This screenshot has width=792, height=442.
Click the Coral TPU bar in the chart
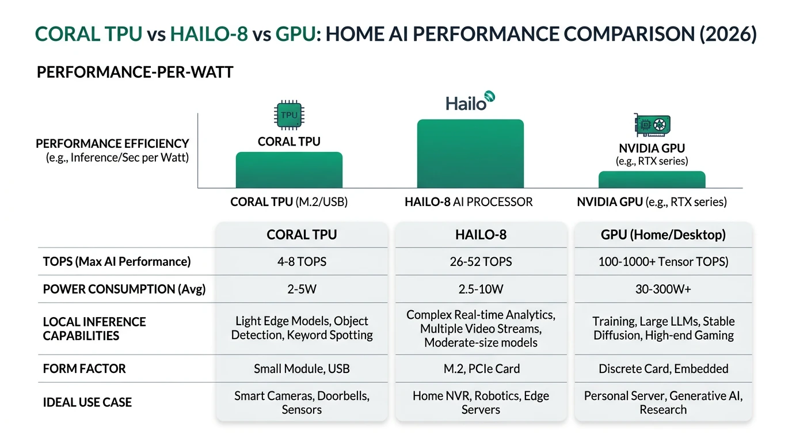click(x=289, y=170)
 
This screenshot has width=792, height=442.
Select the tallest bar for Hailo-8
click(x=470, y=154)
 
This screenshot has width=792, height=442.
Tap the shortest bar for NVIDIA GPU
click(x=652, y=180)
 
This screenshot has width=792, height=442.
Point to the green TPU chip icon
click(x=289, y=115)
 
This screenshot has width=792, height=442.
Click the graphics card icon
click(x=652, y=125)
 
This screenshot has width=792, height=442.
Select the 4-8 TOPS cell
click(x=302, y=262)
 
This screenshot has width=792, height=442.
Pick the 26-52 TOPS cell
click(x=481, y=262)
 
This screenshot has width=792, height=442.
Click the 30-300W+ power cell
click(x=663, y=289)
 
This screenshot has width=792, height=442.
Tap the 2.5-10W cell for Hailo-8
click(x=481, y=289)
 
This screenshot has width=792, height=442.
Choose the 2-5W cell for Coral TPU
click(x=302, y=289)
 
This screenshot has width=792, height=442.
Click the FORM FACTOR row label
click(x=84, y=369)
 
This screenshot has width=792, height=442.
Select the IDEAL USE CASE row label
click(x=87, y=402)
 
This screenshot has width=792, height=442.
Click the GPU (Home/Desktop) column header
click(x=663, y=235)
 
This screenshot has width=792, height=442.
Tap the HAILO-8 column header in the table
click(x=481, y=235)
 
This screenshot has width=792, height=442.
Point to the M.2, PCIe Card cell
click(x=481, y=369)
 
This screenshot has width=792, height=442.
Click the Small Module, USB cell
click(x=302, y=369)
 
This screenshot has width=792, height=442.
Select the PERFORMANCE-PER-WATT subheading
click(x=135, y=73)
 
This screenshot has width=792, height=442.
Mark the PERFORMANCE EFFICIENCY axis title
click(x=112, y=144)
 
